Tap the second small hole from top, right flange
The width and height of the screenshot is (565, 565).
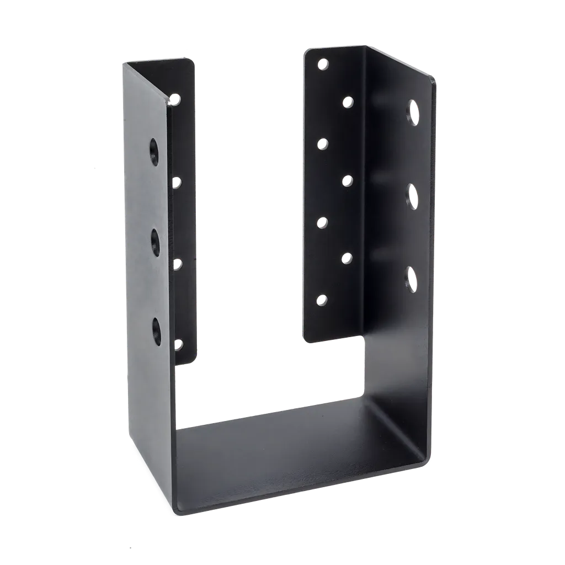coord(348,102)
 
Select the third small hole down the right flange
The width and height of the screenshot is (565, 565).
coord(323,143)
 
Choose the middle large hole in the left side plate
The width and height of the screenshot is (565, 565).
coord(155,240)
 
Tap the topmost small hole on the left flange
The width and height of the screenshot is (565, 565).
coord(175,99)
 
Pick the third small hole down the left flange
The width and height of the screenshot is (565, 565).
coord(177,265)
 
